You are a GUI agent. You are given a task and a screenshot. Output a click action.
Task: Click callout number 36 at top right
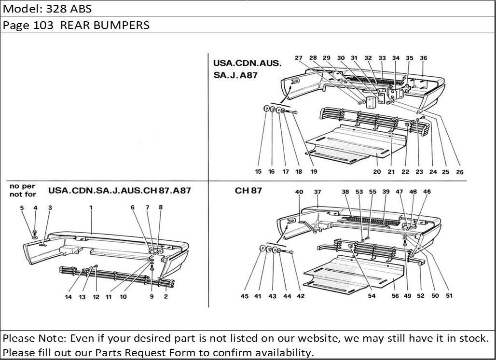click(x=423, y=58)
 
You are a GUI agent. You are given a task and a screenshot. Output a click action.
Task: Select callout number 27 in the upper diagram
click(x=299, y=58)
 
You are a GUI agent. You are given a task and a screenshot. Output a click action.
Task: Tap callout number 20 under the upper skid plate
click(x=376, y=171)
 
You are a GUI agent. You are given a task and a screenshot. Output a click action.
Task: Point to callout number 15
click(x=259, y=171)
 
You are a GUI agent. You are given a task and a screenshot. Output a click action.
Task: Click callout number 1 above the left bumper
click(x=90, y=208)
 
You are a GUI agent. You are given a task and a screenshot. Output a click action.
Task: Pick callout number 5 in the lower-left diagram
click(x=22, y=208)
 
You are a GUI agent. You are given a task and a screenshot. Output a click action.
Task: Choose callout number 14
click(x=69, y=297)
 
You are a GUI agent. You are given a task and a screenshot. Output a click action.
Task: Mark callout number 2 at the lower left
click(x=165, y=297)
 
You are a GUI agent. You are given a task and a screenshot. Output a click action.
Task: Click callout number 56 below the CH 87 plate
click(x=395, y=296)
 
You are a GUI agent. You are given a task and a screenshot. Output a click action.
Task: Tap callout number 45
click(x=245, y=296)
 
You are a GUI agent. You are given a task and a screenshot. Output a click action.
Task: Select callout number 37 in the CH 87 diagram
click(x=317, y=192)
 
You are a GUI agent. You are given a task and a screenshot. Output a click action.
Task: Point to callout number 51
click(x=449, y=296)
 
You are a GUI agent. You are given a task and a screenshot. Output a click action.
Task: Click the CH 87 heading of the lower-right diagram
click(x=248, y=190)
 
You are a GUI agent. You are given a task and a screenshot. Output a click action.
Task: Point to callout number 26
click(x=459, y=171)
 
